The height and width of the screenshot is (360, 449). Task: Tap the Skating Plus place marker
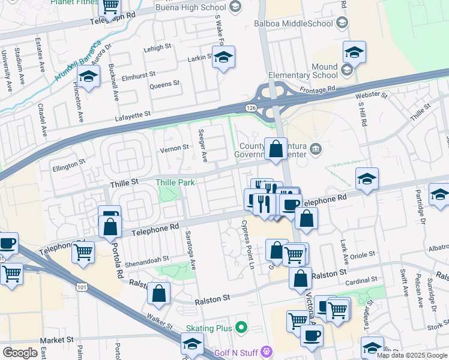241,328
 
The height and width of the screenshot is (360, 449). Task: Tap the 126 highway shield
250,107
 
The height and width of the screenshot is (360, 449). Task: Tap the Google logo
20,353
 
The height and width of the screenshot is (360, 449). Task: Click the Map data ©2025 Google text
411,355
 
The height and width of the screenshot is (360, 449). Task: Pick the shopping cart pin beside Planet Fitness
110,6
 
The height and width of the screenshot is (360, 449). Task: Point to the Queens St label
164,84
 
